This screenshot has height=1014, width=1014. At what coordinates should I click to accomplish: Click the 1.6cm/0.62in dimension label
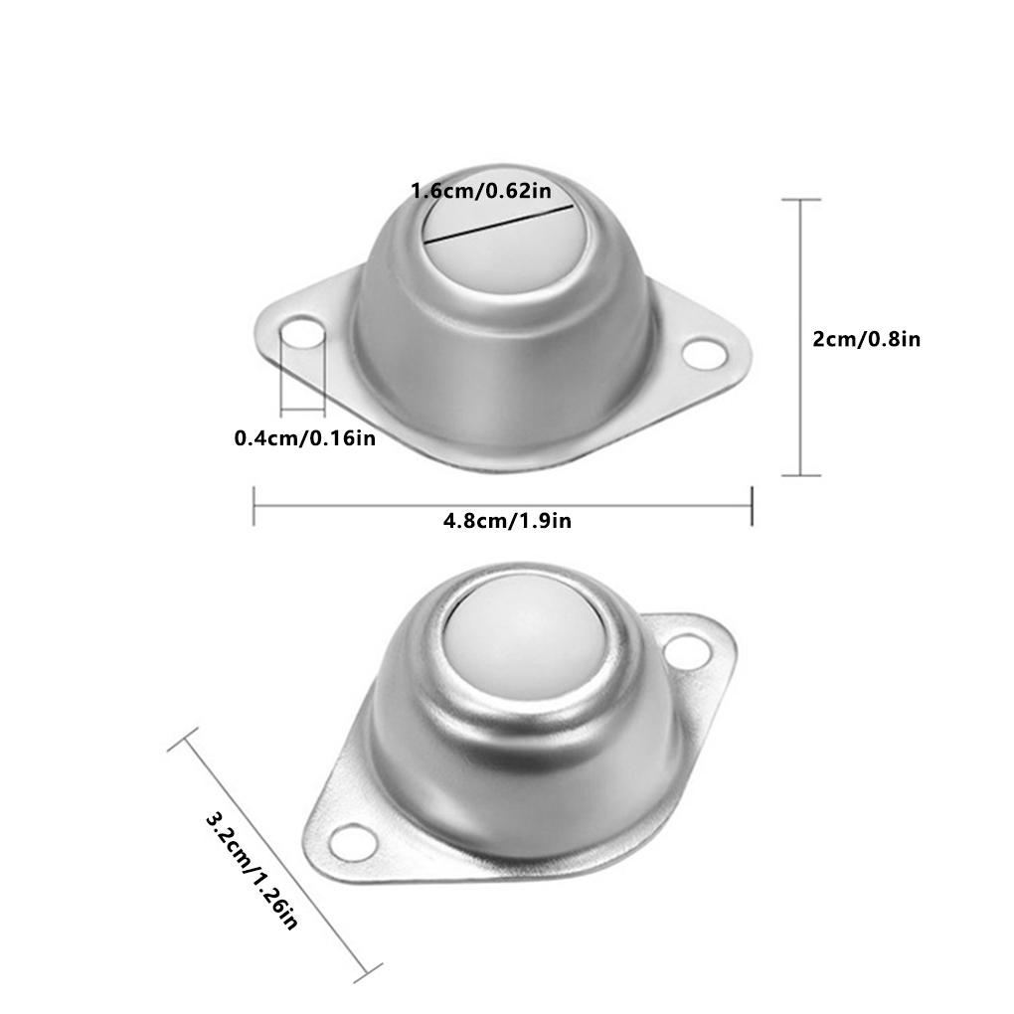click(481, 191)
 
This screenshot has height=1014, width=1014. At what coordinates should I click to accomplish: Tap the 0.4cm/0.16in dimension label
click(304, 438)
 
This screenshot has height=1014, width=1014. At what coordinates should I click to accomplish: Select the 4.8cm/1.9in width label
click(507, 521)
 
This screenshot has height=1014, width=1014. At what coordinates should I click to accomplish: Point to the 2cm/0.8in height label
click(867, 339)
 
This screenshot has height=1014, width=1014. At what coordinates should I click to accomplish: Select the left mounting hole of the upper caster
click(302, 332)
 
